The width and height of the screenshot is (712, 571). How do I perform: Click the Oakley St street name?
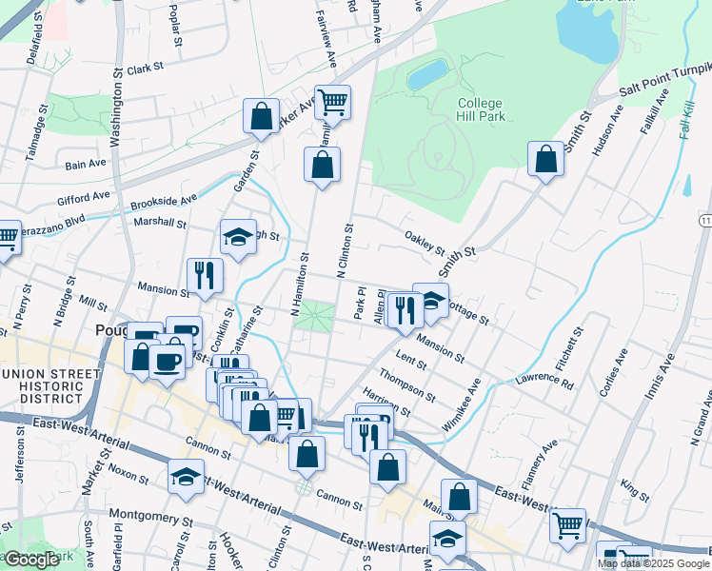click(x=424, y=243)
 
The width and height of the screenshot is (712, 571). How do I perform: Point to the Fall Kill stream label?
click(x=686, y=121)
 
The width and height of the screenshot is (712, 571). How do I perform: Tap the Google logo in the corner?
click(x=31, y=561)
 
